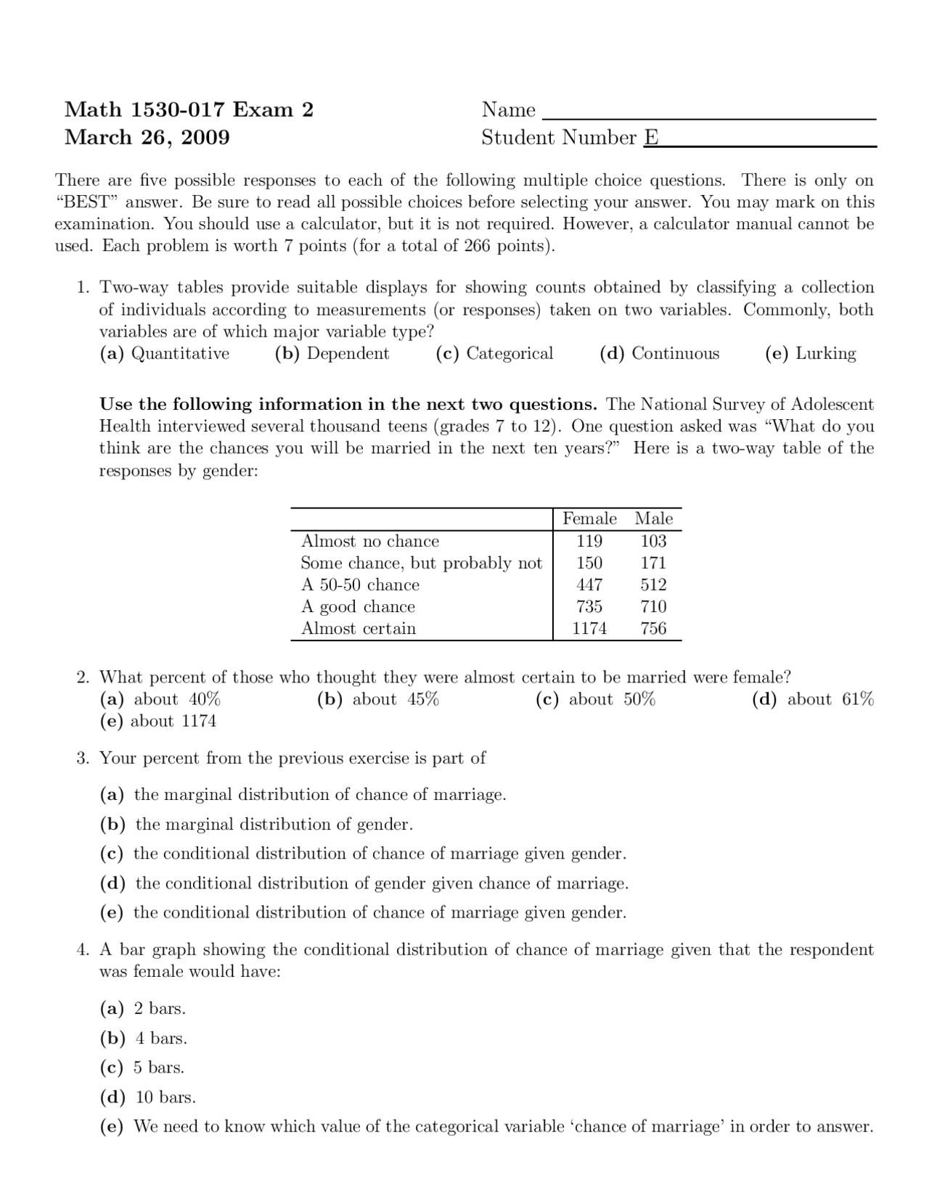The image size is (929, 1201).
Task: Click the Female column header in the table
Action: [x=589, y=519]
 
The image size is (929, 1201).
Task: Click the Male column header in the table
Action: [x=653, y=519]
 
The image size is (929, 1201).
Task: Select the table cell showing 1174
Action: [x=589, y=628]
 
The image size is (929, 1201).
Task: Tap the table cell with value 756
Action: [x=653, y=628]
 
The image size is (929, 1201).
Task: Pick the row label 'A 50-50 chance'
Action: [x=360, y=585]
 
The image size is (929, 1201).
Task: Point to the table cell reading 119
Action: [x=589, y=541]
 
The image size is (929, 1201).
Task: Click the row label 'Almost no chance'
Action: [x=369, y=541]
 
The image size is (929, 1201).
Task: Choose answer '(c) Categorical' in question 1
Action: [x=494, y=353]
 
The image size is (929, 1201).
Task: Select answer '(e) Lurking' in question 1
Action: [x=810, y=353]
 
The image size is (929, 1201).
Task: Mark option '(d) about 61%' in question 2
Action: [x=812, y=699]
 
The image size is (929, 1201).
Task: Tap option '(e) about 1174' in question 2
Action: [x=157, y=721]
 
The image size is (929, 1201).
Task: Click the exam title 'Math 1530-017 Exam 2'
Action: [x=189, y=110]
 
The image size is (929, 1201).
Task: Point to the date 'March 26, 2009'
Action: [x=147, y=137]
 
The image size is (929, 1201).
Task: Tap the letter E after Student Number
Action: [x=651, y=138]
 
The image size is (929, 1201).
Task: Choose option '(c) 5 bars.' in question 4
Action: [x=142, y=1068]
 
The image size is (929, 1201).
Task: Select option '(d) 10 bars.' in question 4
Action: [x=147, y=1097]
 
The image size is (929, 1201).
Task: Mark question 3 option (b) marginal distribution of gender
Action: [x=256, y=824]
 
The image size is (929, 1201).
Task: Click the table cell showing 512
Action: [x=653, y=585]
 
